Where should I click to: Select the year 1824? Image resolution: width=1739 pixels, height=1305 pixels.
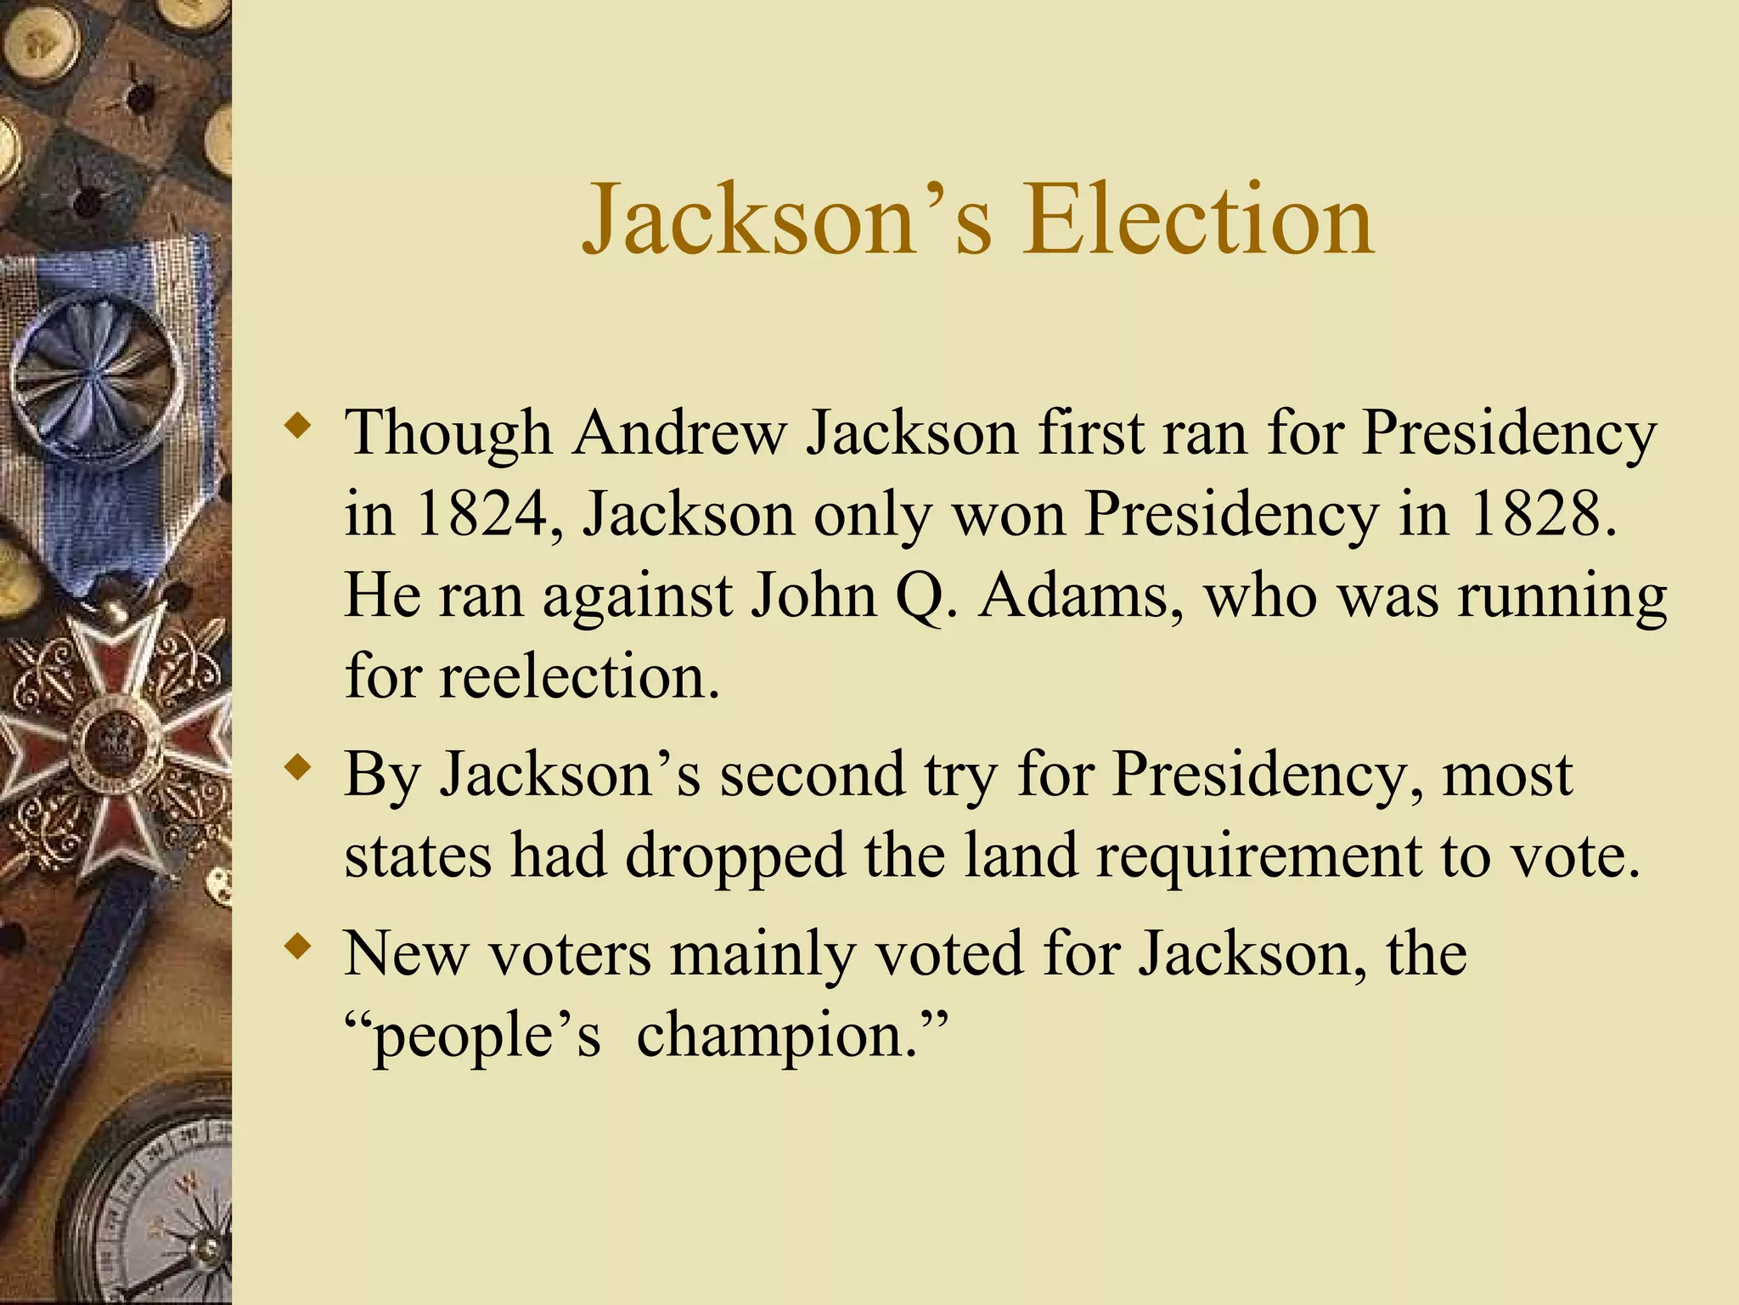pos(487,514)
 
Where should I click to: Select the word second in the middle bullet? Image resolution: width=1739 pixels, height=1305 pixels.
pos(813,775)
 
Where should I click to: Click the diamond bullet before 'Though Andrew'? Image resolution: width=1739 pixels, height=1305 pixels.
pos(297,425)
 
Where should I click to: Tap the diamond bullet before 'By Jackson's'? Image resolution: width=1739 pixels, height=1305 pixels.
pos(297,767)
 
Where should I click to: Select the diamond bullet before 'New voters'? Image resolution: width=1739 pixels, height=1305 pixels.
pos(297,946)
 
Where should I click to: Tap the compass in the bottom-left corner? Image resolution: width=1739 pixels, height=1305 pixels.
pos(161,1206)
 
